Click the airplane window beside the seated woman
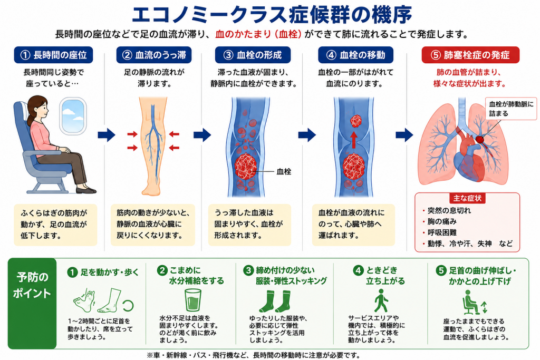pos(73,115)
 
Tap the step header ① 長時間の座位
pos(53,55)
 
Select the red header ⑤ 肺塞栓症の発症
pos(470,55)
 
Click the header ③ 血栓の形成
pos(253,55)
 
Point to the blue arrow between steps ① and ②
pos(107,135)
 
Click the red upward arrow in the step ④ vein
pos(354,140)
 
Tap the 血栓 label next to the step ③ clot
pos(284,171)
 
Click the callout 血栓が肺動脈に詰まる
pos(511,109)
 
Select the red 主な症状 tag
pos(467,198)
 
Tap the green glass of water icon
pos(193,299)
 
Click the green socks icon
pos(275,301)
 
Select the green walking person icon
pos(381,300)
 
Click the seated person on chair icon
pos(470,302)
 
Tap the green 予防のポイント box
pos(32,303)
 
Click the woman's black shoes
pos(86,190)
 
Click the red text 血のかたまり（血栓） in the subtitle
pos(258,34)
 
